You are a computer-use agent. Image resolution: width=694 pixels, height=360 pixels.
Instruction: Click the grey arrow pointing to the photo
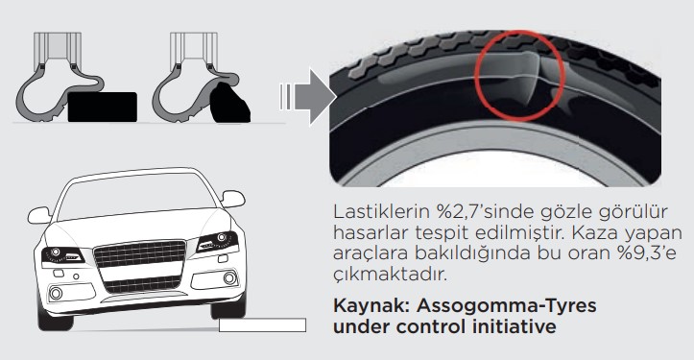coord(305,96)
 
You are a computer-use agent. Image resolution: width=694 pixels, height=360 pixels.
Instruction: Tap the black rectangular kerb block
coord(101,106)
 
